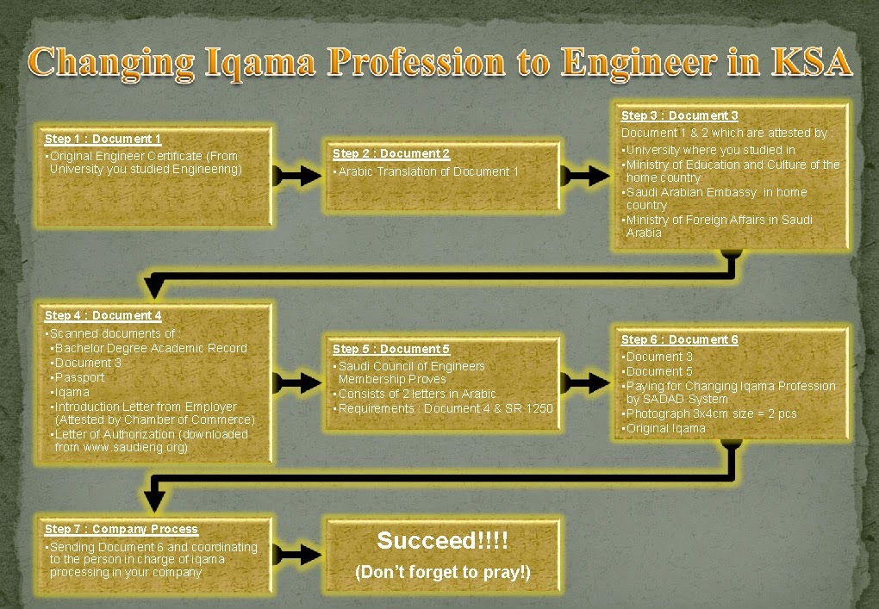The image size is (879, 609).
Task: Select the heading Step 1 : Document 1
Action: tap(103, 139)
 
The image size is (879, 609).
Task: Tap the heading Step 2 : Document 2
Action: tap(390, 153)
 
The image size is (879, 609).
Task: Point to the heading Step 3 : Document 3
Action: tap(679, 115)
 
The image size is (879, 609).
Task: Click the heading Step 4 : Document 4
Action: tap(103, 315)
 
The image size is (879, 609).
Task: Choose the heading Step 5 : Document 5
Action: tap(390, 349)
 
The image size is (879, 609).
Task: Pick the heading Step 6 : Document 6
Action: tap(679, 339)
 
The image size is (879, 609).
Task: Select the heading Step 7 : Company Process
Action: tap(122, 529)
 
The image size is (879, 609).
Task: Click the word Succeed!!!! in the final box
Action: tap(442, 541)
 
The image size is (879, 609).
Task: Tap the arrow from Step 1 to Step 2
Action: tap(297, 176)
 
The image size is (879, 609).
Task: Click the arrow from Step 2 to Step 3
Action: tap(585, 176)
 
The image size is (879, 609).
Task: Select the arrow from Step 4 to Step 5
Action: tap(297, 383)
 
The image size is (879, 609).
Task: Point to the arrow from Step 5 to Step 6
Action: tap(585, 383)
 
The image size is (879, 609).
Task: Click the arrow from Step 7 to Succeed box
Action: tap(297, 555)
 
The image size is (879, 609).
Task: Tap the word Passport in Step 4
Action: tap(79, 377)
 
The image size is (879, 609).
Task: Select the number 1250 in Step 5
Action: tap(539, 408)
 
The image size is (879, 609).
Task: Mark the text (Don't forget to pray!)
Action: tap(442, 572)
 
